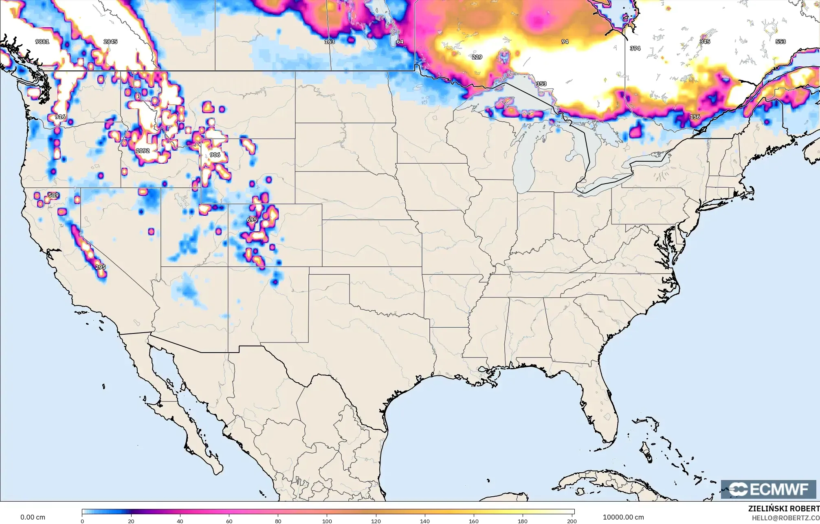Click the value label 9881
42,42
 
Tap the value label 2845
110,42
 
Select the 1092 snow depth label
143,151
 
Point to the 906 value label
215,155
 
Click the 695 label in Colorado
252,220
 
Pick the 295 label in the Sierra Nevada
100,267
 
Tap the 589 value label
53,195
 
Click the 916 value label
60,117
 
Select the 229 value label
477,57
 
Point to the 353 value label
541,84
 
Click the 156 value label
695,117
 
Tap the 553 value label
780,42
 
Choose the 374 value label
635,48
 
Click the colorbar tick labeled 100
327,521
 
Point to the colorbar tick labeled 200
572,521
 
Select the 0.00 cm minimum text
33,517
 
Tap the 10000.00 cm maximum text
623,517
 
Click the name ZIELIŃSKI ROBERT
784,509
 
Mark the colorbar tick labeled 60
229,521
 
